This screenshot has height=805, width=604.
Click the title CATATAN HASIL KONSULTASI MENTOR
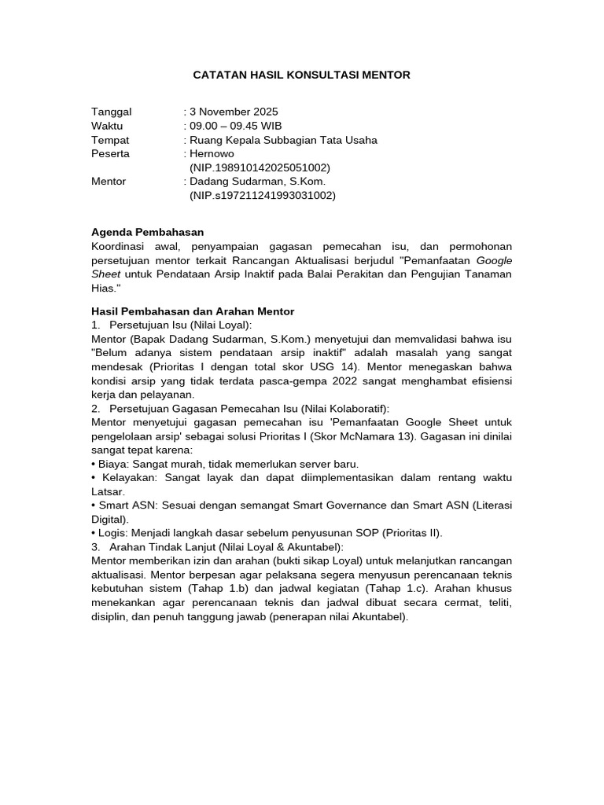(x=301, y=75)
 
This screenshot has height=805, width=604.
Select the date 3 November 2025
(x=234, y=112)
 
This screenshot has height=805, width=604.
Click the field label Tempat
(x=110, y=140)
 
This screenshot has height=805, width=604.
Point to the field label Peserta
(x=111, y=154)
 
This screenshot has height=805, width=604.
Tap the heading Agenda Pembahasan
(x=148, y=232)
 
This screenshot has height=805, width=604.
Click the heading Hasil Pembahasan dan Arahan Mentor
(x=193, y=311)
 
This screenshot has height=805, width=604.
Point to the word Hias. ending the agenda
(x=105, y=288)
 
